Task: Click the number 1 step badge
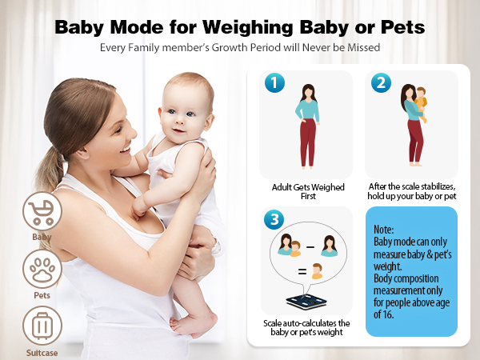click(274, 82)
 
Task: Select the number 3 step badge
click(274, 218)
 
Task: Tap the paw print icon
click(41, 270)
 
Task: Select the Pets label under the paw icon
click(42, 295)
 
